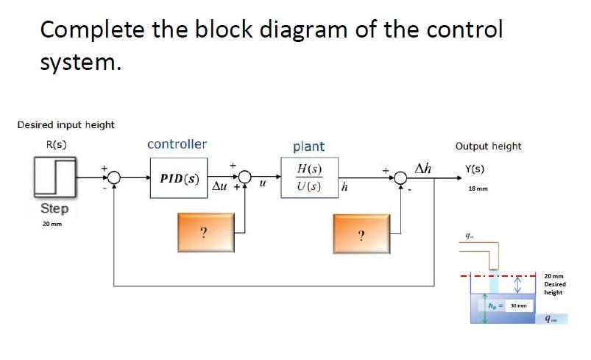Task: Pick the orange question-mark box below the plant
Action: coord(361,233)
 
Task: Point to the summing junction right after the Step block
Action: coord(114,178)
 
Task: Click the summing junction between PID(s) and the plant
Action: coord(244,178)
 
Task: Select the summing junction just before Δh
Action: coord(401,178)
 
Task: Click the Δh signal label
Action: coord(423,167)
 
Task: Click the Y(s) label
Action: coord(475,168)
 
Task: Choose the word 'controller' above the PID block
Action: coord(177,144)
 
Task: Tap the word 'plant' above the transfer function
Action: coord(308,147)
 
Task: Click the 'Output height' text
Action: coord(488,147)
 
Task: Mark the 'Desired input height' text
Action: coord(66,124)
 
